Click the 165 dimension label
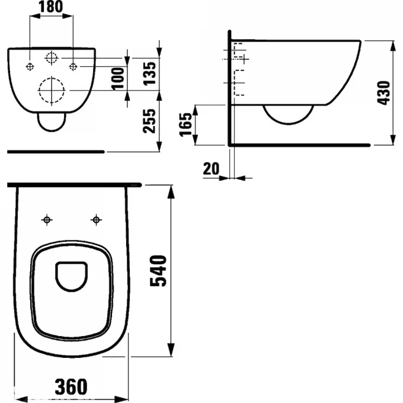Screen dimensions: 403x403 click(x=186, y=124)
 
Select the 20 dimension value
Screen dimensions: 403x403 click(x=210, y=168)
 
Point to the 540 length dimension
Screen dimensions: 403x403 click(x=159, y=271)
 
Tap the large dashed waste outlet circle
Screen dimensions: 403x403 click(x=51, y=91)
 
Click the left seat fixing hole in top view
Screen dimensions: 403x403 click(x=47, y=220)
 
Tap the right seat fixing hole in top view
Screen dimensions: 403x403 click(x=95, y=220)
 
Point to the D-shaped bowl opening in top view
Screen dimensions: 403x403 click(x=72, y=276)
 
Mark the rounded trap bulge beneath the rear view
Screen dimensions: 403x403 click(x=51, y=121)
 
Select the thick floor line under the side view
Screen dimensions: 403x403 click(x=299, y=144)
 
